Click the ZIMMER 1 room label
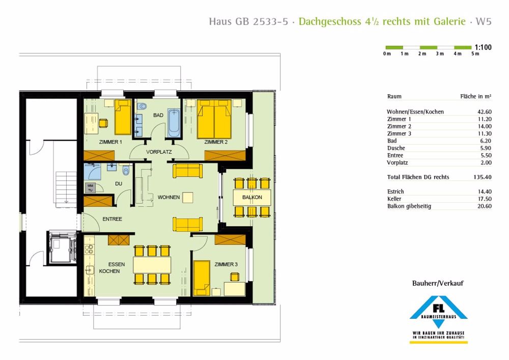tap(110, 142)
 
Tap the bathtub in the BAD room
tap(174, 122)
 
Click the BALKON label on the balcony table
tap(252, 197)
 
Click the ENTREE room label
tap(112, 219)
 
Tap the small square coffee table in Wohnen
tap(188, 197)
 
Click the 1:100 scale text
tap(483, 47)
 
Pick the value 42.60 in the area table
tap(484, 112)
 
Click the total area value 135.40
tap(483, 177)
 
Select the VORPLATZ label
tap(158, 152)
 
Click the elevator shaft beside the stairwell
tap(61, 248)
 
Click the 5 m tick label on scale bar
tap(475, 53)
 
